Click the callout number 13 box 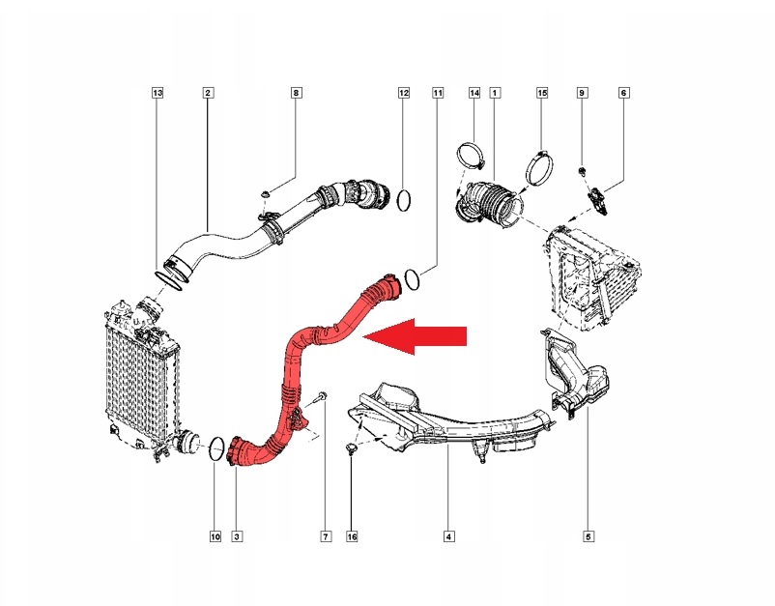158,93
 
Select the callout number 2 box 208,93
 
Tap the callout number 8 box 297,93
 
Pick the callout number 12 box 404,93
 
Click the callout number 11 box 437,93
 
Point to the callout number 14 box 474,93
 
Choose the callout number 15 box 542,93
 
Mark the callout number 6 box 623,93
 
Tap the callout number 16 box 352,534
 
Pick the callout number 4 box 448,534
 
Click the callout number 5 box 588,534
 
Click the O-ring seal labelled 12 404,201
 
